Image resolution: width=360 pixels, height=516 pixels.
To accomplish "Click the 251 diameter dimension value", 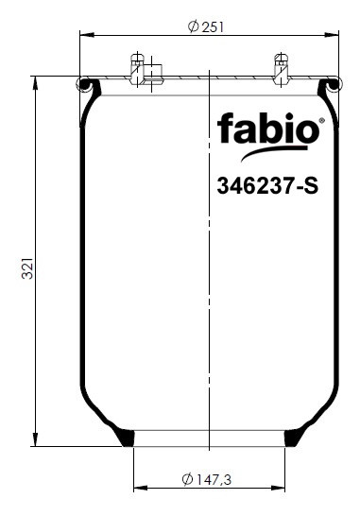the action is (x=213, y=27).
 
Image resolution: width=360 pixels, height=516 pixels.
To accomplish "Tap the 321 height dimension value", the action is (x=27, y=268).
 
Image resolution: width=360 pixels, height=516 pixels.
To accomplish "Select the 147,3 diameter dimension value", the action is (x=214, y=479).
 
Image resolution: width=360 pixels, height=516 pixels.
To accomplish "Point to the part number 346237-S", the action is (x=267, y=186).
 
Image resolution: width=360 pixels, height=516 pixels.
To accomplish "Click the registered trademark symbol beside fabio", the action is (x=322, y=120).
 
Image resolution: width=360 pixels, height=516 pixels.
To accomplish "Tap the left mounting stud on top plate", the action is (x=137, y=68).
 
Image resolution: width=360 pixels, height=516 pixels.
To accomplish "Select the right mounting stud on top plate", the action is (x=281, y=68).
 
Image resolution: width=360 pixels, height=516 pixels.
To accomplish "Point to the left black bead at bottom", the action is (x=126, y=437).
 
